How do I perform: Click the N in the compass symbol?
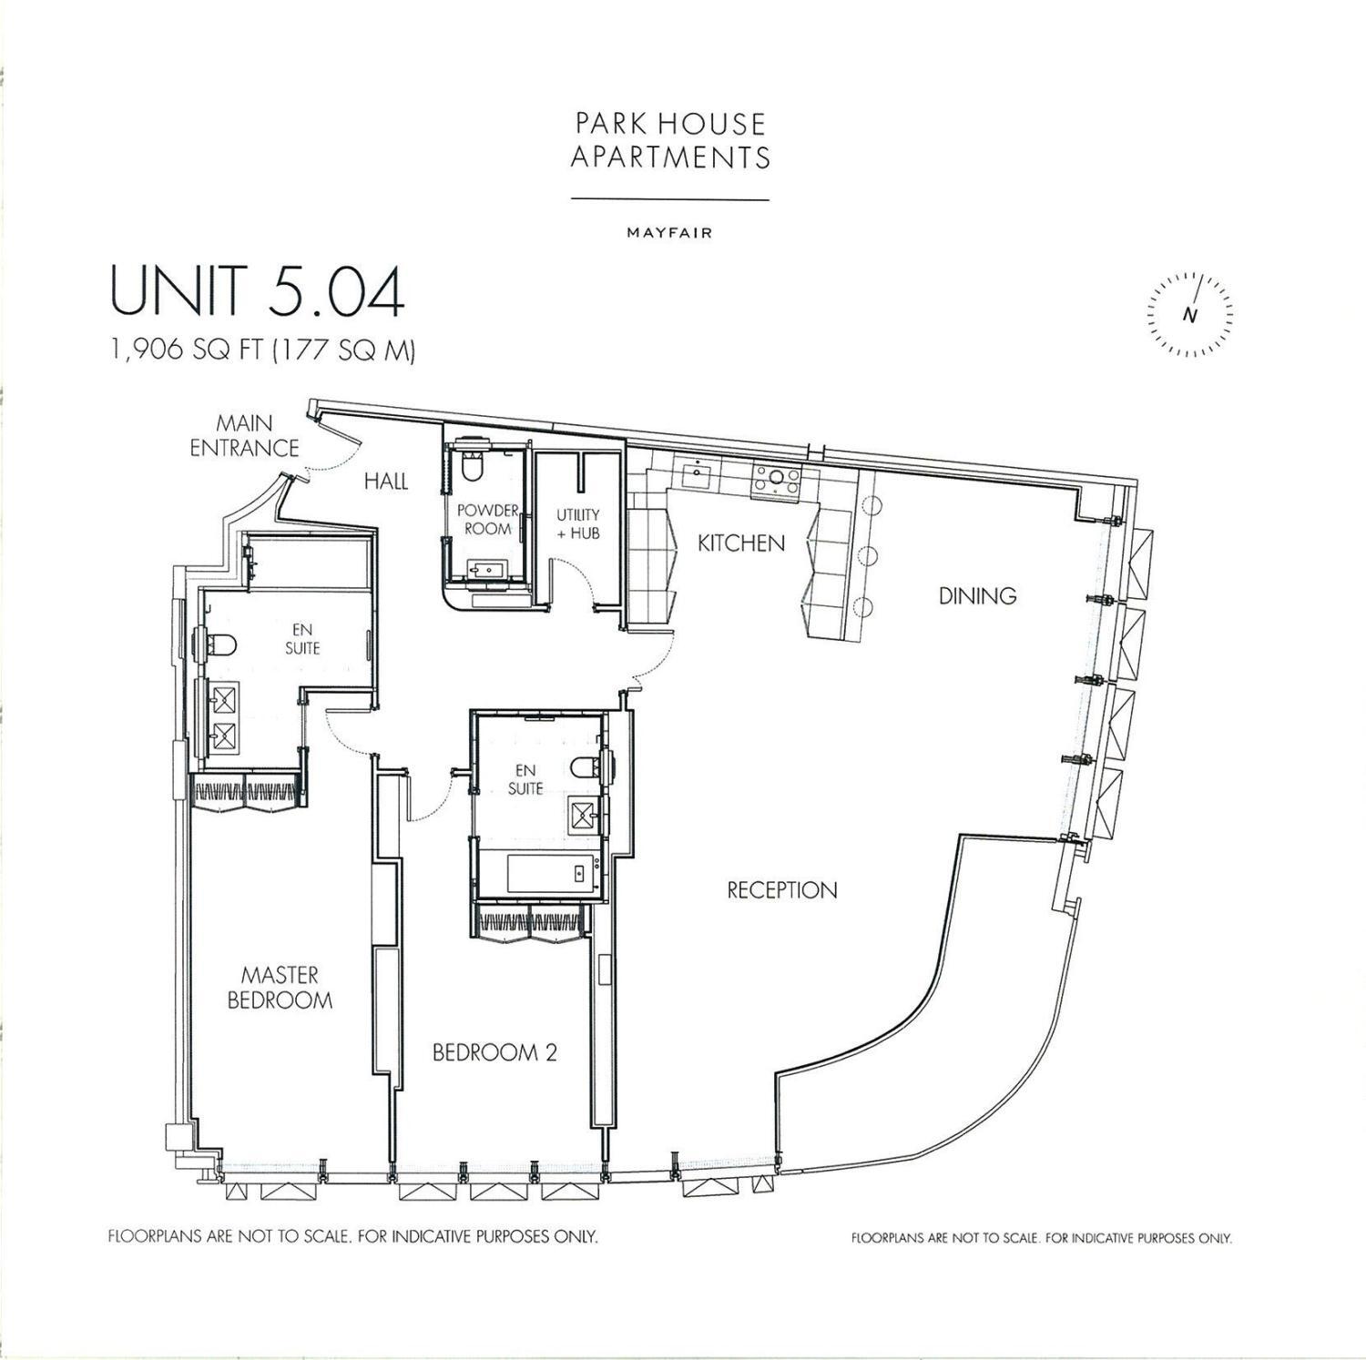(x=1189, y=316)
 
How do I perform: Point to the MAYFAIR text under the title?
(x=669, y=233)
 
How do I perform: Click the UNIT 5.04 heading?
(x=257, y=292)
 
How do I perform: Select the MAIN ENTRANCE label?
(x=244, y=435)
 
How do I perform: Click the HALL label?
(x=386, y=482)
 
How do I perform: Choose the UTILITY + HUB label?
(x=578, y=524)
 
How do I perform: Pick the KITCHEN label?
(x=740, y=543)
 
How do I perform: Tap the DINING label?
(x=977, y=596)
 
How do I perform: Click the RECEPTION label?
(x=781, y=889)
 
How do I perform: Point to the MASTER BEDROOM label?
(x=280, y=988)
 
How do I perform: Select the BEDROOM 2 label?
(x=494, y=1053)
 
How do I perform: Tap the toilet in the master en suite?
(x=219, y=644)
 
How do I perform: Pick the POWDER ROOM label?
(x=487, y=519)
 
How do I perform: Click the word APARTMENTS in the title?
(x=670, y=157)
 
